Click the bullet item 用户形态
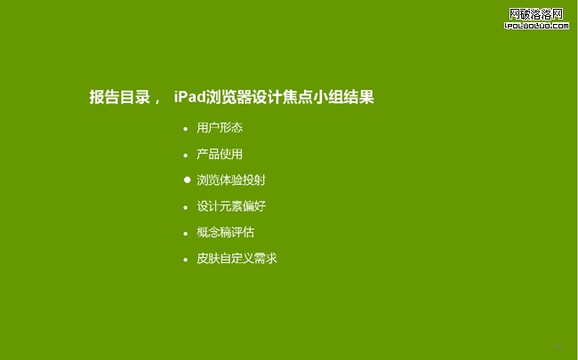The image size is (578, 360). click(220, 128)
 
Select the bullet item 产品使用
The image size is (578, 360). click(220, 154)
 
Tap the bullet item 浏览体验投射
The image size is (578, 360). click(231, 180)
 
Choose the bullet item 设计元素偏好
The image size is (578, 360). click(231, 206)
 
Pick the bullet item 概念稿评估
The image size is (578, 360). click(225, 232)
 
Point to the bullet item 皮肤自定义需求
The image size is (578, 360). click(237, 259)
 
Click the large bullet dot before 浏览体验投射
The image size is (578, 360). click(188, 180)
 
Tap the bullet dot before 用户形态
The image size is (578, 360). click(186, 129)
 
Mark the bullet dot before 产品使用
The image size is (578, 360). click(186, 156)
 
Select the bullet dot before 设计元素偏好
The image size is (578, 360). click(186, 207)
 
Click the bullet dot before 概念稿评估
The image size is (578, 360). click(186, 234)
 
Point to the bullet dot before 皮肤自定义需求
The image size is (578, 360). click(186, 260)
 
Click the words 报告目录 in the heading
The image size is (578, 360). click(120, 97)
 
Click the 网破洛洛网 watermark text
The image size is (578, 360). click(536, 14)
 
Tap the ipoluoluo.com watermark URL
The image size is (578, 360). click(536, 26)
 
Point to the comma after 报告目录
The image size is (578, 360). click(157, 101)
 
